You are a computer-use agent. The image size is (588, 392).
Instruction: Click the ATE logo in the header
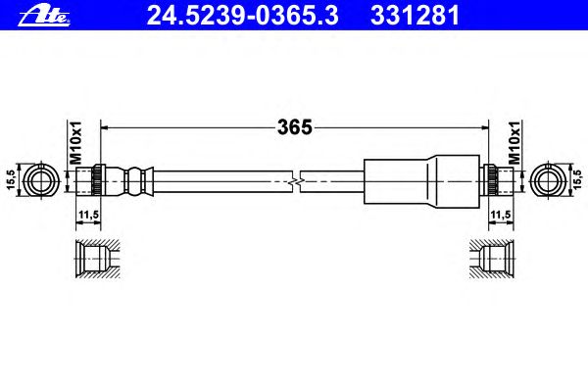(x=44, y=17)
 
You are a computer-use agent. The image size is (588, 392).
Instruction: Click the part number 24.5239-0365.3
(x=243, y=16)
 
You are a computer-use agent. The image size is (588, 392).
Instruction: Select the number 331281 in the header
(x=416, y=16)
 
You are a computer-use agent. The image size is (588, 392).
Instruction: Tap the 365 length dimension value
(x=295, y=127)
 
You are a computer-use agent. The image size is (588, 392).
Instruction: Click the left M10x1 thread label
(x=75, y=142)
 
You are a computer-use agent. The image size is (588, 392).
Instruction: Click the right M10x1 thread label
(x=514, y=142)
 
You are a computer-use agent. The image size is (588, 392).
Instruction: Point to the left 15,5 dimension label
(x=11, y=179)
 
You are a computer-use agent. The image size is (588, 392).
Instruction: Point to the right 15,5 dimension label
(x=578, y=179)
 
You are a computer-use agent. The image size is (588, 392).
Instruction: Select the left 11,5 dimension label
(x=88, y=215)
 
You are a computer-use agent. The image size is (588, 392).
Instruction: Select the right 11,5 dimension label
(x=501, y=215)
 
